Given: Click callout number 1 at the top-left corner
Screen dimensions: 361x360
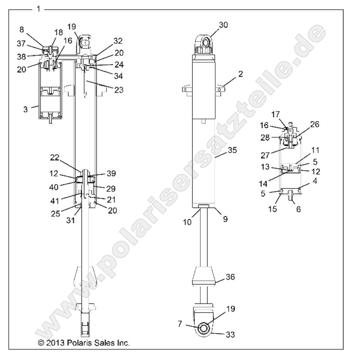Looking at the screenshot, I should [38, 8].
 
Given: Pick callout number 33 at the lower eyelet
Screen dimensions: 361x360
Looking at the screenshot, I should [230, 335].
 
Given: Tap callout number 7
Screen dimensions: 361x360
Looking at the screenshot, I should [180, 324].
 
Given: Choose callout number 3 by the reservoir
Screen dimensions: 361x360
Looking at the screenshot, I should [26, 109].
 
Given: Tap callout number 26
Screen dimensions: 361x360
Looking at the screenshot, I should [315, 125].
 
